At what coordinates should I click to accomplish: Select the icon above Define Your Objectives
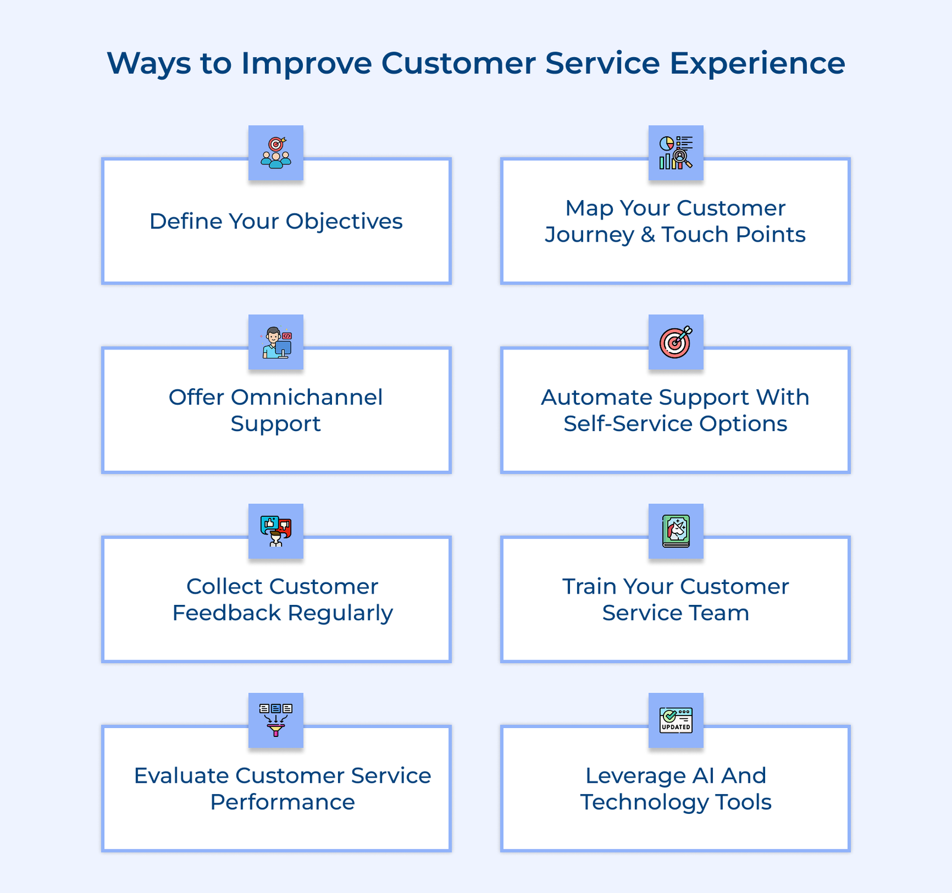[x=276, y=152]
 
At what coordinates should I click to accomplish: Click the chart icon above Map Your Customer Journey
[x=676, y=152]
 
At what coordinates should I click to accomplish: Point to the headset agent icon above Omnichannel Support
[x=276, y=342]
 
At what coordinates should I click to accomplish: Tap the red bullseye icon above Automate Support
[x=676, y=342]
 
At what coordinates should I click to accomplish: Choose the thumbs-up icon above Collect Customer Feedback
[x=276, y=531]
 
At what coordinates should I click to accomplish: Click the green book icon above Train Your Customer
[x=676, y=531]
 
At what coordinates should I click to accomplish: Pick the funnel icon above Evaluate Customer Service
[x=276, y=720]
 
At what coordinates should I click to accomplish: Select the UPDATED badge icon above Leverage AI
[x=676, y=720]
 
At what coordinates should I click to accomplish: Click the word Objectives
[x=344, y=221]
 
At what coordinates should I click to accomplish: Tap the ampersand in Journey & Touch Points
[x=648, y=235]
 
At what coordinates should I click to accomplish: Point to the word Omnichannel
[x=307, y=397]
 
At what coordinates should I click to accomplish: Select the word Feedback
[x=226, y=613]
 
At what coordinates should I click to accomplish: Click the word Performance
[x=283, y=802]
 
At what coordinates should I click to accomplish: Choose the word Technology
[x=644, y=802]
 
